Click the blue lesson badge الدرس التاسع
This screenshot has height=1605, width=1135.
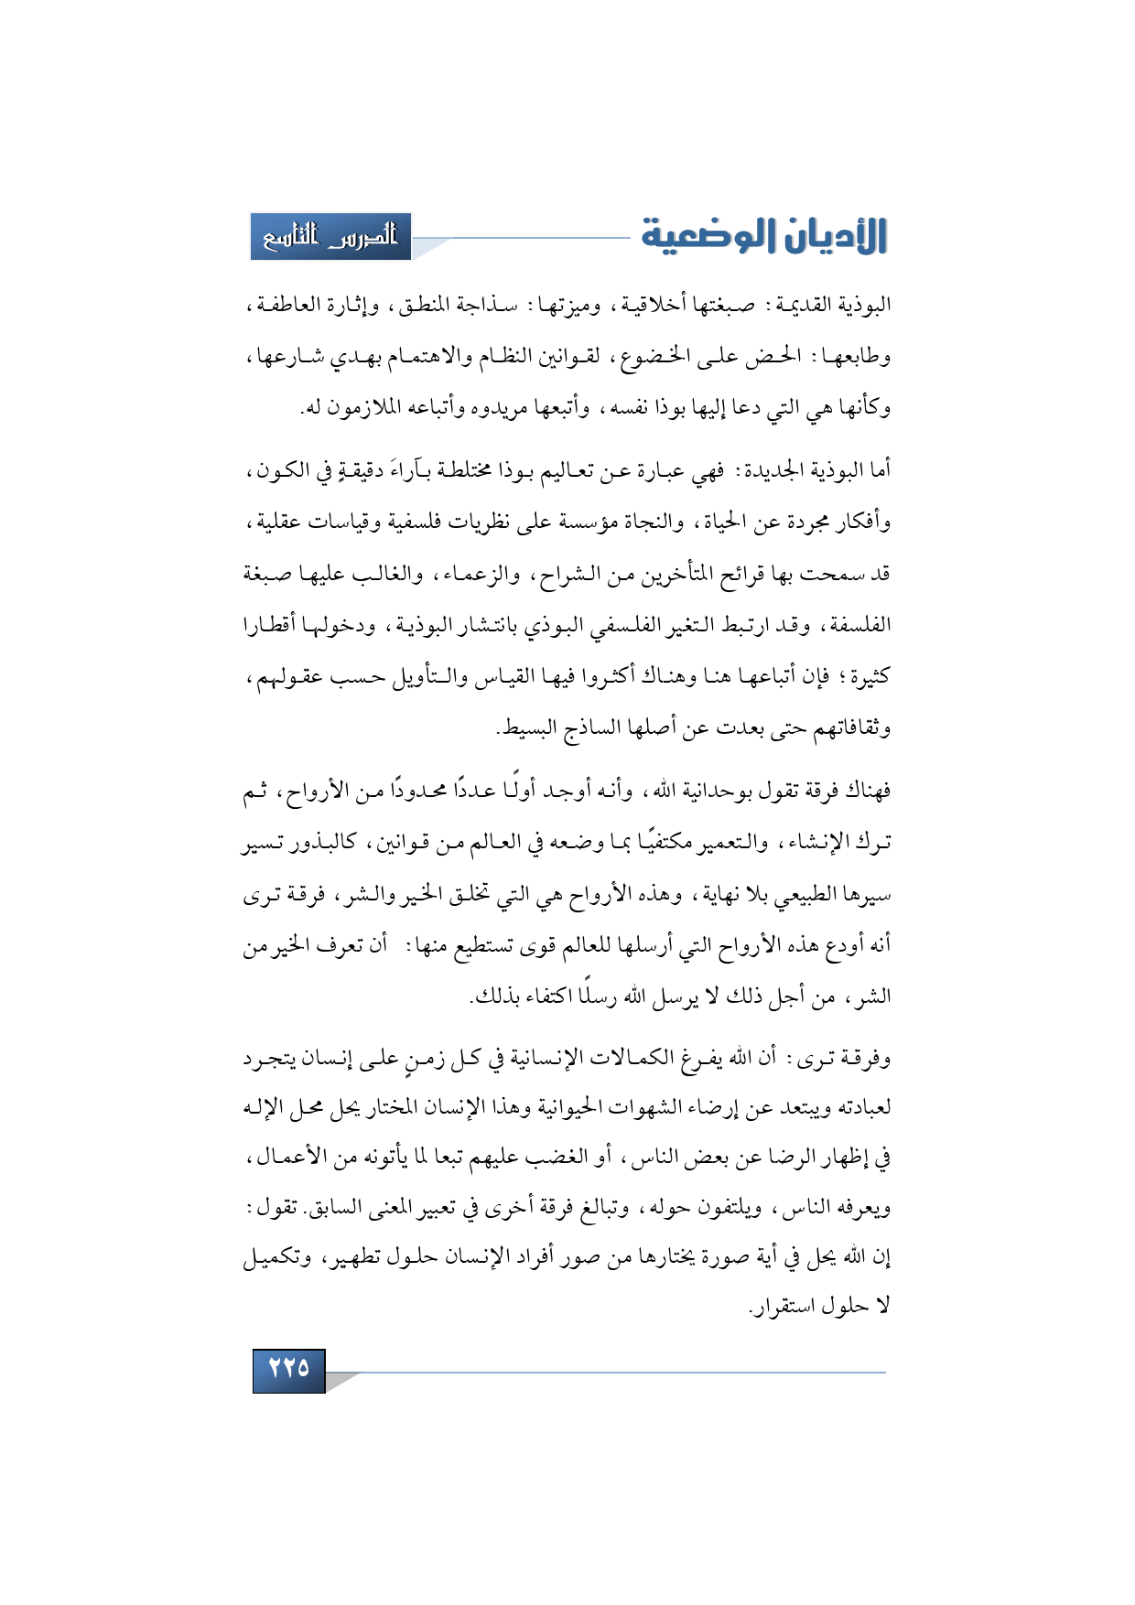(330, 237)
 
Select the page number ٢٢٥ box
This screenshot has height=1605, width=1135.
(288, 1369)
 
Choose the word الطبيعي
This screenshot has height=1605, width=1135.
(776, 894)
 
